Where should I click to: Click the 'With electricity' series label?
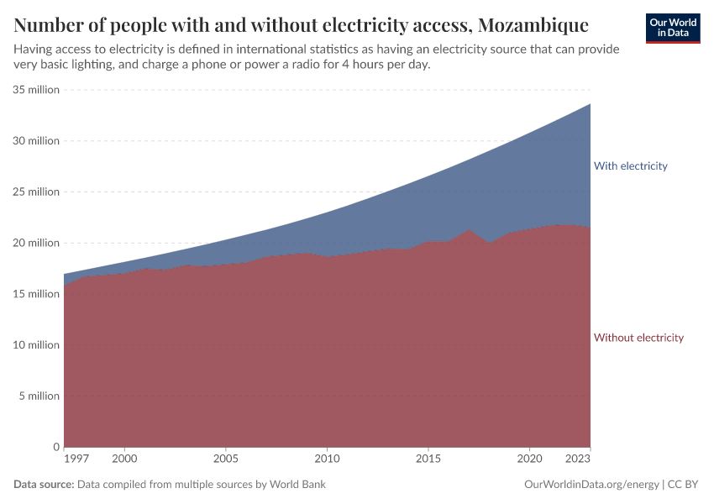[x=630, y=165]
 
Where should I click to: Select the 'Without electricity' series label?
[x=638, y=338]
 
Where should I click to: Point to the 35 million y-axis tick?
[x=36, y=90]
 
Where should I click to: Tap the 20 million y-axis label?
[x=36, y=243]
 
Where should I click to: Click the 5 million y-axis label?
[x=39, y=396]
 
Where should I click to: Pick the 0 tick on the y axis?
[x=55, y=447]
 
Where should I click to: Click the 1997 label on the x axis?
[x=76, y=460]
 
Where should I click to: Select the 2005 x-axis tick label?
[x=226, y=460]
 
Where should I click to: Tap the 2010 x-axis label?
[x=327, y=460]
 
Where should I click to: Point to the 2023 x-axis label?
[x=579, y=460]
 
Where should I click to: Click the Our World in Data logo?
[x=673, y=28]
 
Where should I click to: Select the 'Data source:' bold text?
[x=44, y=485]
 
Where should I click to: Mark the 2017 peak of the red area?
[x=470, y=230]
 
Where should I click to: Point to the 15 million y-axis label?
[x=36, y=294]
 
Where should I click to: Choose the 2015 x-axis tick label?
[x=428, y=460]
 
